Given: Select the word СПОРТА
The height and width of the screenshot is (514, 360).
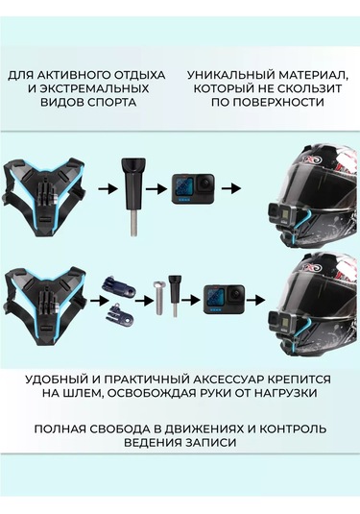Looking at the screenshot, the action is click(x=111, y=102).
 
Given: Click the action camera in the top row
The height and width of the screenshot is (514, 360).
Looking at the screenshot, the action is click(x=193, y=189).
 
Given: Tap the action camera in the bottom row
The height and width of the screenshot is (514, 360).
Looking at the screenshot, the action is click(x=225, y=299).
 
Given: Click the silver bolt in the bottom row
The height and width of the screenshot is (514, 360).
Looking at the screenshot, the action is click(x=158, y=297).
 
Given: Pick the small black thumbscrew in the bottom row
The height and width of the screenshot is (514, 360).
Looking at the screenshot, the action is click(x=174, y=296).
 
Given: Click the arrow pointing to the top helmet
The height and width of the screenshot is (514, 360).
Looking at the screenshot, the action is click(x=231, y=188).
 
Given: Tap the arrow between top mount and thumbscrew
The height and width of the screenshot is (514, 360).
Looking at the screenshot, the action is click(x=108, y=188).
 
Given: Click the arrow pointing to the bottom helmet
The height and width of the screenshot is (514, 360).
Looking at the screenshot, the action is click(x=255, y=300).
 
